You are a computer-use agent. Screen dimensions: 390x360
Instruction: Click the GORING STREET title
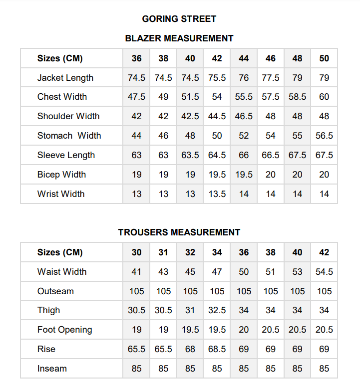[x=179, y=19]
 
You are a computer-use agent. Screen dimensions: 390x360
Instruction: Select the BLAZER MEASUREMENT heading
[x=179, y=38]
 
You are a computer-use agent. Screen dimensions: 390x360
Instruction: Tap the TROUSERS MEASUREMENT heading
[x=179, y=232]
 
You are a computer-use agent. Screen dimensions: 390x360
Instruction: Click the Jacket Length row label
[x=65, y=78]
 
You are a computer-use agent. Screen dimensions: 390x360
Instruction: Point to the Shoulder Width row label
[x=68, y=116]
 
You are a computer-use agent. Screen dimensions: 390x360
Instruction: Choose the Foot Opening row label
[x=65, y=330]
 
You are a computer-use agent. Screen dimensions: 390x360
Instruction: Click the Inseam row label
[x=52, y=369]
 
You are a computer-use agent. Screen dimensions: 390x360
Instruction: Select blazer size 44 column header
[x=244, y=58]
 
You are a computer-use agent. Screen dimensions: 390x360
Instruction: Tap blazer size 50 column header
[x=324, y=58]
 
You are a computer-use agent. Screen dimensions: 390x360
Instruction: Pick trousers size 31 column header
[x=163, y=252]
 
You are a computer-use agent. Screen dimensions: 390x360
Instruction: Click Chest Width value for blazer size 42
[x=217, y=97]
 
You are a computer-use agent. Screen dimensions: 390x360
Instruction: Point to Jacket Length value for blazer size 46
[x=271, y=78]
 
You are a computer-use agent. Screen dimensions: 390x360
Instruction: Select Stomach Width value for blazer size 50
[x=324, y=136]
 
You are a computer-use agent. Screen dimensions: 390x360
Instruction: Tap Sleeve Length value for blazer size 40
[x=190, y=155]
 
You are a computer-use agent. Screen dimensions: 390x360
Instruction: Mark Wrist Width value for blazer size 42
[x=217, y=194]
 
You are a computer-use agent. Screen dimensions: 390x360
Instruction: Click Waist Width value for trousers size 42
[x=324, y=272]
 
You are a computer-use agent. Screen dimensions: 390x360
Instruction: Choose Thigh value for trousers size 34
[x=217, y=310]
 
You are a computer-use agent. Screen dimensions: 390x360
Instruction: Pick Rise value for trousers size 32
[x=190, y=349]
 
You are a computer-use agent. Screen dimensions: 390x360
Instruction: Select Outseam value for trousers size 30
[x=137, y=291]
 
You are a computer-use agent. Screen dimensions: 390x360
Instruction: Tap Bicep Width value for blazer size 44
[x=244, y=175]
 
